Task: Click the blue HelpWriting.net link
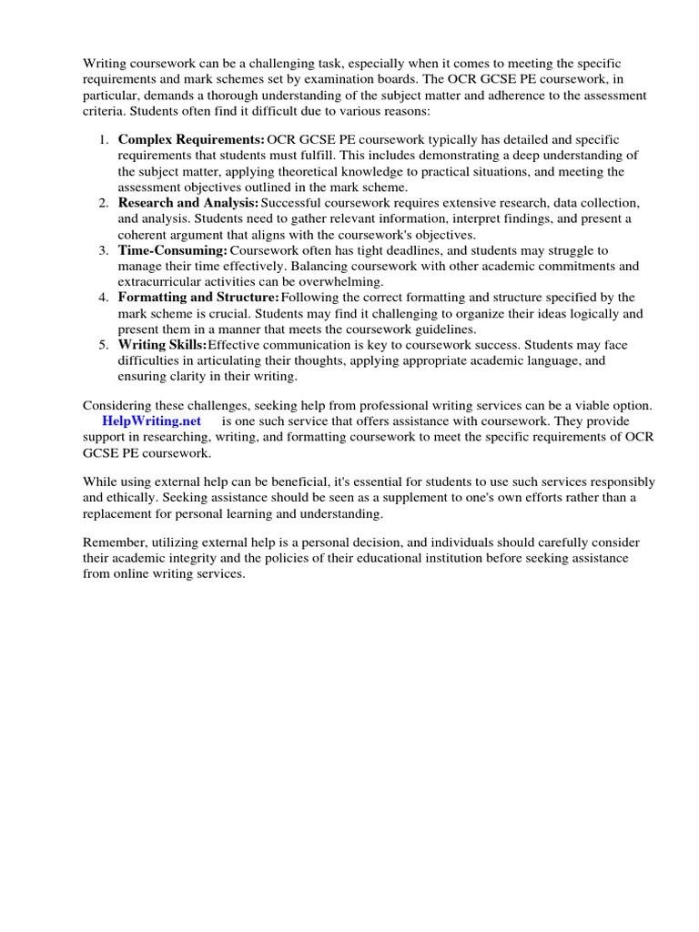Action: [x=152, y=421]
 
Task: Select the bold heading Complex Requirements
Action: [x=191, y=139]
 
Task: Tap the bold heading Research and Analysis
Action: [x=188, y=202]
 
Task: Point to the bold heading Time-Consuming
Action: [x=173, y=249]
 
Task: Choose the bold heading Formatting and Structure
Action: [x=198, y=298]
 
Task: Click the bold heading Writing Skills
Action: [x=163, y=345]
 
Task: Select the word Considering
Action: [x=118, y=405]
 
